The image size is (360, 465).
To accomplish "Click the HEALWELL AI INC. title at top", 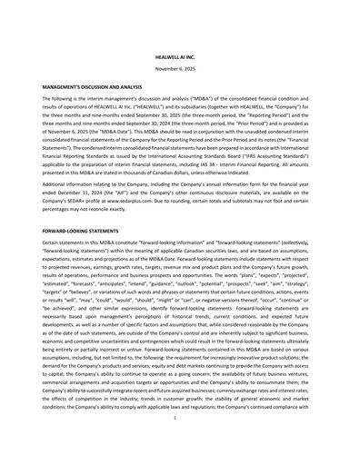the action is click(180, 57).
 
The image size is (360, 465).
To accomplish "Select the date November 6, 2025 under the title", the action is click(180, 69).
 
